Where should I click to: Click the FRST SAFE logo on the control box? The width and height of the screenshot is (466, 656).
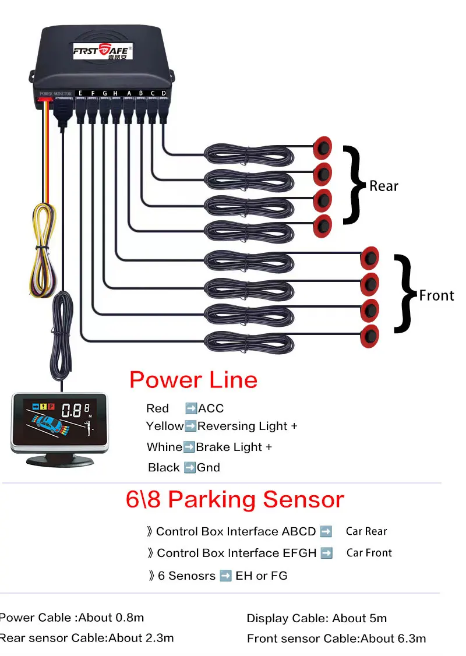(x=103, y=51)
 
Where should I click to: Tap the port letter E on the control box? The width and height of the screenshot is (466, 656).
(x=80, y=93)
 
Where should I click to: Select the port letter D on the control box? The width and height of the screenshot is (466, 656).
(x=164, y=93)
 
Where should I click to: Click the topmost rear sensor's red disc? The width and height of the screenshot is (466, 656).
(x=323, y=147)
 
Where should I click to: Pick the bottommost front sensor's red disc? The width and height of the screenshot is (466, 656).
(x=370, y=336)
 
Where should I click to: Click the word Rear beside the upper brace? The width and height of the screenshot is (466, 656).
(x=384, y=186)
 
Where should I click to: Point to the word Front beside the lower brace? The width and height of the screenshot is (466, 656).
(x=436, y=295)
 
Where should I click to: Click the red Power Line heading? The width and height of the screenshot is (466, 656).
(x=193, y=380)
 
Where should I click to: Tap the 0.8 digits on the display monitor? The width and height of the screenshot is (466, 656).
(x=72, y=411)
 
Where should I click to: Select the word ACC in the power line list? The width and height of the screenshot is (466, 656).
(x=211, y=408)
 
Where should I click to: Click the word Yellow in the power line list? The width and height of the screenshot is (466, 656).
(x=165, y=426)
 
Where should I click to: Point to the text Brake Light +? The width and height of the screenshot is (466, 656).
(x=234, y=447)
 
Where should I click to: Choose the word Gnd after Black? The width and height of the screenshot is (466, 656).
(x=209, y=467)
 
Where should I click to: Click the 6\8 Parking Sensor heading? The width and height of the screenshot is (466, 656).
(x=235, y=499)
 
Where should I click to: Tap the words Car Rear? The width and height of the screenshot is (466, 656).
(x=366, y=531)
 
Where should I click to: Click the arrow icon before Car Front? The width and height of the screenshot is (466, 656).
(x=327, y=553)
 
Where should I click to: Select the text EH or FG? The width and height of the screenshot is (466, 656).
(x=262, y=576)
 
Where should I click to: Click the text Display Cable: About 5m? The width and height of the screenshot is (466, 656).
(x=317, y=618)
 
